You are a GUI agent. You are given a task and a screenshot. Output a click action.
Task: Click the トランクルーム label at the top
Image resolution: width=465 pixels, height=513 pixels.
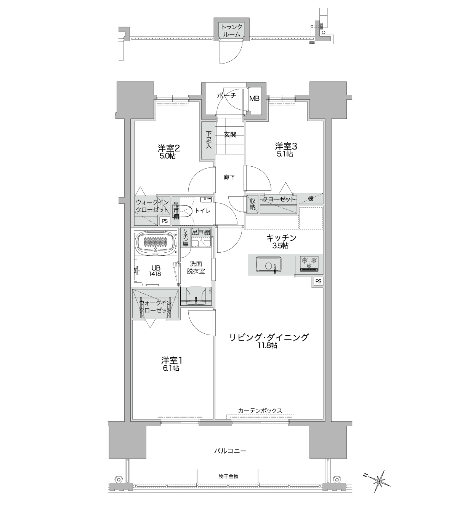coord(231,30)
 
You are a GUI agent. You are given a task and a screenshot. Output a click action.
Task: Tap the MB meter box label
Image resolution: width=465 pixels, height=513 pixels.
coord(254,98)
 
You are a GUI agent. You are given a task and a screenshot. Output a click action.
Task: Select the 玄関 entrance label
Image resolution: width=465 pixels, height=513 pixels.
coord(230,134)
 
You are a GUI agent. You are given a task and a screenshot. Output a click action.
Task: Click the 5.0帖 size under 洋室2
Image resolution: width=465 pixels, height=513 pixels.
coord(168,156)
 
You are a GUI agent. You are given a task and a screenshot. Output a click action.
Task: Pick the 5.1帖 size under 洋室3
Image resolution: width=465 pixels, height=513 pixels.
coord(285,154)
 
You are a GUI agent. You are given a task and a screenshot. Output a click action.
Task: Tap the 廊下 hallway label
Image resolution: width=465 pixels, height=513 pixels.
coord(229,177)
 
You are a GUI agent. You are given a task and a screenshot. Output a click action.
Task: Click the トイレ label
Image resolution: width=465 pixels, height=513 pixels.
coord(202,211)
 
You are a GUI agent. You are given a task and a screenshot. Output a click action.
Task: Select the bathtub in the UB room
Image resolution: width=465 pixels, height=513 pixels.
coord(156,241)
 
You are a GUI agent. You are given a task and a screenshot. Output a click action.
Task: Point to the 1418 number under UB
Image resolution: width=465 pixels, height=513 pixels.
coord(156,274)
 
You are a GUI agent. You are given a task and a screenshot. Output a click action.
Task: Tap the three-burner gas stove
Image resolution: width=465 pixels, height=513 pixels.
coord(309,263)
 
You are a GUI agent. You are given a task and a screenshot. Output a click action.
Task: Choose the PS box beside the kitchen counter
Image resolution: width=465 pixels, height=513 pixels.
coord(318,282)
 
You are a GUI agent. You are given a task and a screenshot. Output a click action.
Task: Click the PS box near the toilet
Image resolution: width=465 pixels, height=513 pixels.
coord(165,221)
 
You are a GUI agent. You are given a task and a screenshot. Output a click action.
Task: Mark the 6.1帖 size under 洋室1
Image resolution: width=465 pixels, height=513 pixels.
coord(170,368)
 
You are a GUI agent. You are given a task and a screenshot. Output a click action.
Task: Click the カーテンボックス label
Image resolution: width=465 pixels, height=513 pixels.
coord(260,411)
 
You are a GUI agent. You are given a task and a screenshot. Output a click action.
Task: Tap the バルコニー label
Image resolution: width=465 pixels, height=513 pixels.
coord(230,451)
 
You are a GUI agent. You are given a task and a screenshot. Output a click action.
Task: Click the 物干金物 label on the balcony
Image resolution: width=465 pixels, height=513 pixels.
coord(229,476)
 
